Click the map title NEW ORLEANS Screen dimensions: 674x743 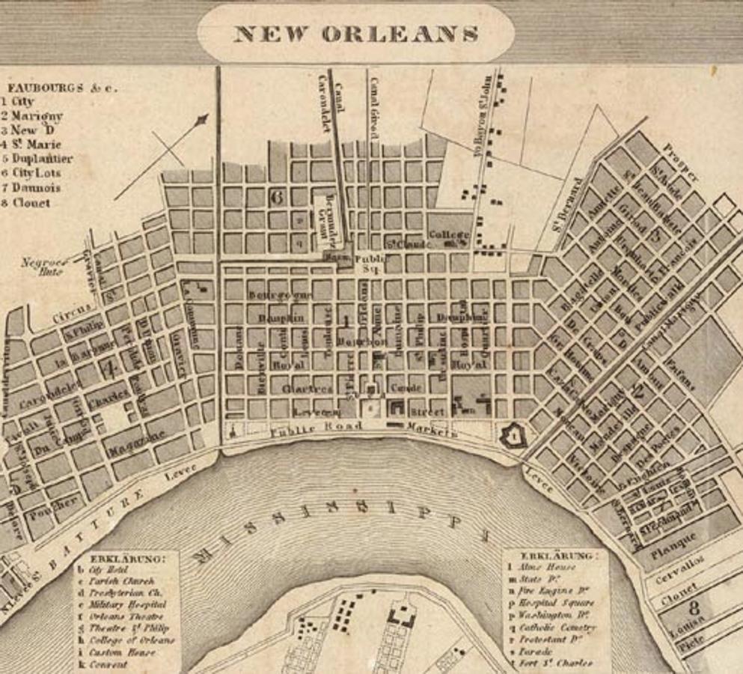[x=355, y=34]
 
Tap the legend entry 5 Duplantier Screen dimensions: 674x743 [x=37, y=159]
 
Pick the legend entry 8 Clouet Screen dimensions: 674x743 [x=26, y=202]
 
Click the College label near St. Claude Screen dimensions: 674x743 [x=449, y=235]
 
